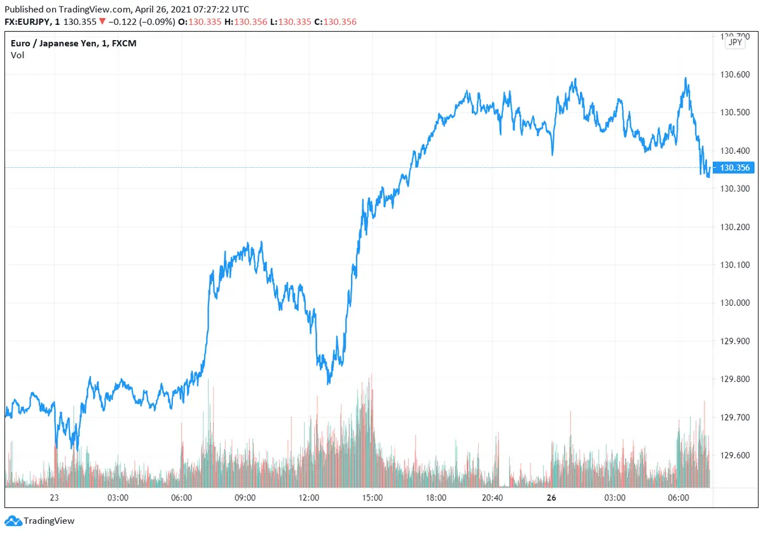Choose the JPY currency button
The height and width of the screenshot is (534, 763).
pos(735,43)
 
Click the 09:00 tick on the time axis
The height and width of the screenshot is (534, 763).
pos(245,498)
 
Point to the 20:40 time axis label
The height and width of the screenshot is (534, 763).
pos(492,498)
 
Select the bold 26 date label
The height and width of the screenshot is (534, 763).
pos(550,498)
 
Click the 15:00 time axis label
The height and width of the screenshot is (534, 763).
pos(372,498)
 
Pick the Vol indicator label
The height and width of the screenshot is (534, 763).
pos(17,55)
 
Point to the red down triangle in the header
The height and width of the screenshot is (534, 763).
pos(102,22)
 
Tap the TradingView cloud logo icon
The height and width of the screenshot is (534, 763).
pos(13,521)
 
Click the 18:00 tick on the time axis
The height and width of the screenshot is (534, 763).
pos(436,498)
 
